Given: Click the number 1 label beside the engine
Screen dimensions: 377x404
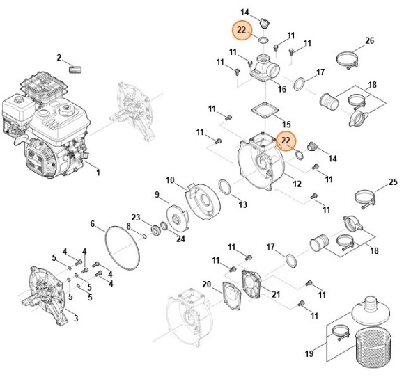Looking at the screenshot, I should tap(98, 172).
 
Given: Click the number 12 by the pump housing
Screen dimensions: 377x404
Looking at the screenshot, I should tap(297, 184).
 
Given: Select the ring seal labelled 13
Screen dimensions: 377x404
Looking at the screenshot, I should tap(226, 187).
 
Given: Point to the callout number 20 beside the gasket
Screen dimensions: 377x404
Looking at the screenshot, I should tap(206, 284).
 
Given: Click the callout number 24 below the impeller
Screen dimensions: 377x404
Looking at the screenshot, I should tap(180, 239).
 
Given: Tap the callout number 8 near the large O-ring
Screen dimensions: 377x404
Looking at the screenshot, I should tap(128, 226).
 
